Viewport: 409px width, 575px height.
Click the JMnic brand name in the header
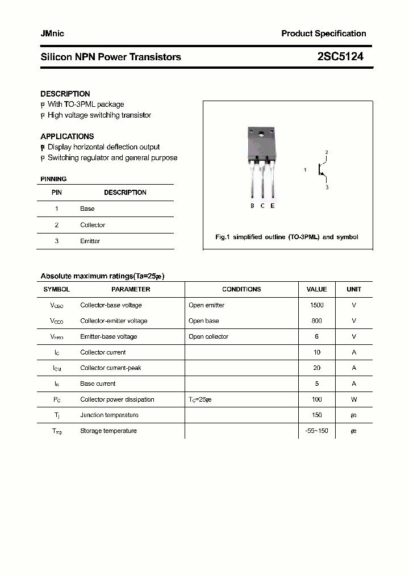[x=52, y=34]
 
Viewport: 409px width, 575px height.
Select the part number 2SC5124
[x=340, y=57]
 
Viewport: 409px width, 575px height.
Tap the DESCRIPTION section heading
[x=65, y=94]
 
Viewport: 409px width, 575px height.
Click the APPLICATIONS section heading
[x=67, y=136]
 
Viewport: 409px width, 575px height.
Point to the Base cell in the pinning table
[x=87, y=209]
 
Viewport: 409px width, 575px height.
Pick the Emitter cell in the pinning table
[x=90, y=241]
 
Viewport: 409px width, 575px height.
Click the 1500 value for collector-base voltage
[x=317, y=305]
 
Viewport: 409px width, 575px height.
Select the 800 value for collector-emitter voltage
[x=317, y=320]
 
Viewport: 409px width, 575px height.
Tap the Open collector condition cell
[x=208, y=336]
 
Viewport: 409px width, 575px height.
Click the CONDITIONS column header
[x=241, y=289]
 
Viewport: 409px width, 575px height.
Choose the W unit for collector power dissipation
[x=354, y=399]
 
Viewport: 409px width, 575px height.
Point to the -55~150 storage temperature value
[x=317, y=431]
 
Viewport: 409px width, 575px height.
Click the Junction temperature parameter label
[x=109, y=415]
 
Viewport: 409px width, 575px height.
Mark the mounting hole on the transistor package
[x=261, y=135]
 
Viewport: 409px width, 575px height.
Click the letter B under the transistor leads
[x=252, y=206]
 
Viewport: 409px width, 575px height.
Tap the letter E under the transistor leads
[x=273, y=206]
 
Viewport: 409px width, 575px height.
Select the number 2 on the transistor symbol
[x=327, y=152]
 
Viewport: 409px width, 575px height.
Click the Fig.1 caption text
[x=287, y=237]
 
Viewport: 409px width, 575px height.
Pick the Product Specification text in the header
[x=324, y=34]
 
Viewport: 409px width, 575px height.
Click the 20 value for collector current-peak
[x=317, y=368]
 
